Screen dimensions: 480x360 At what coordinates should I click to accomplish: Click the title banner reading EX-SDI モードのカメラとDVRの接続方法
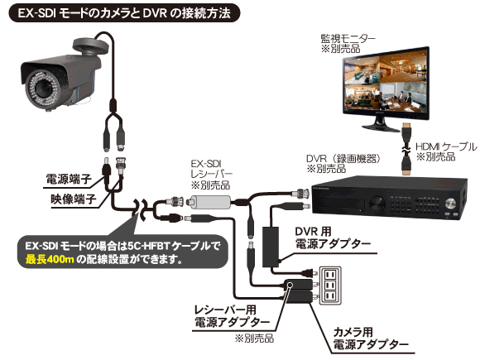coord(124,13)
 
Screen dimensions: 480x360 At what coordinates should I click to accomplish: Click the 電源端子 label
coord(69,179)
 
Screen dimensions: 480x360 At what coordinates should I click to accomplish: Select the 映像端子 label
coord(74,199)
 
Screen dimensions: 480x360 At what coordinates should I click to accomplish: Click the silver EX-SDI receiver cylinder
coord(210,203)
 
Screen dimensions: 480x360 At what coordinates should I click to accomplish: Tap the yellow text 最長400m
coord(50,259)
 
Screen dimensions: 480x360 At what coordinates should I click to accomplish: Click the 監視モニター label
coord(348,38)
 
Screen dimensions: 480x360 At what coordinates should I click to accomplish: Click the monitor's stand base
coord(382,127)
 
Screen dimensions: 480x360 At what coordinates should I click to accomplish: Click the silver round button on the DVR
coord(450,204)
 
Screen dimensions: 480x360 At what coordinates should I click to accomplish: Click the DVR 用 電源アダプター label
coord(333,238)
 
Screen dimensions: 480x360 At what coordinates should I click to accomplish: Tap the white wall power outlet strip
coord(330,286)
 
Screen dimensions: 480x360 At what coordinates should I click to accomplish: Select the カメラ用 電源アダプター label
coord(371,338)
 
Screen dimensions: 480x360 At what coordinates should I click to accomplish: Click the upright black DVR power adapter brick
coord(271,247)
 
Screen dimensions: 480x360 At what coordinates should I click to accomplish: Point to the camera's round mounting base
coord(90,46)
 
